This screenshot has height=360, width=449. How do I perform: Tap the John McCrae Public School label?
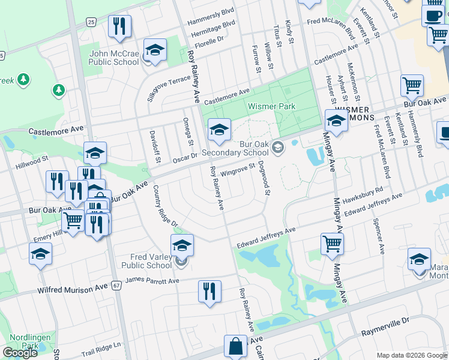[x=114, y=58]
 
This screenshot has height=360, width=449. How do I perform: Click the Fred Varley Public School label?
[x=146, y=261]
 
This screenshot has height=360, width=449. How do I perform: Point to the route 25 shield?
[x=91, y=22]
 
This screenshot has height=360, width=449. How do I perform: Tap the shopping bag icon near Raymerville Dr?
[x=235, y=346]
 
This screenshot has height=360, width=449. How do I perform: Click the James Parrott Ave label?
[x=152, y=280]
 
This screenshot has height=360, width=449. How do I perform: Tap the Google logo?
[x=20, y=352]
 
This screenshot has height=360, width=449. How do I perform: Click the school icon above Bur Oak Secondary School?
[x=219, y=129]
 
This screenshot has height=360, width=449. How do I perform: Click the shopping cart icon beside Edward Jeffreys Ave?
[x=332, y=244]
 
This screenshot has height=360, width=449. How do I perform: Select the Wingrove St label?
[x=238, y=170]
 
